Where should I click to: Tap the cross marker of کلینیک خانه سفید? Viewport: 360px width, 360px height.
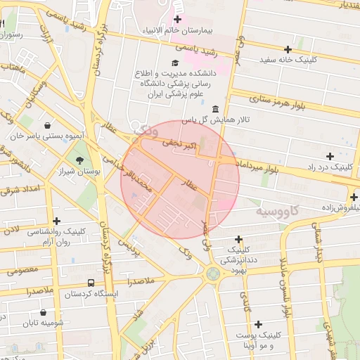coord(288,49)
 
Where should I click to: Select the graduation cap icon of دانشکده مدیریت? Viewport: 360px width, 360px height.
coord(175,63)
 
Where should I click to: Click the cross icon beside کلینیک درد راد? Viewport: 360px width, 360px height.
coord(330,155)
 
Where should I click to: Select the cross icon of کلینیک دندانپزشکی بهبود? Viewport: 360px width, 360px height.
coord(239,239)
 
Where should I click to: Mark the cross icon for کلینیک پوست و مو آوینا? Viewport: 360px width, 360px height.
coord(259,324)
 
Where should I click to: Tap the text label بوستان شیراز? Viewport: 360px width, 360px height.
coord(79,171)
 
